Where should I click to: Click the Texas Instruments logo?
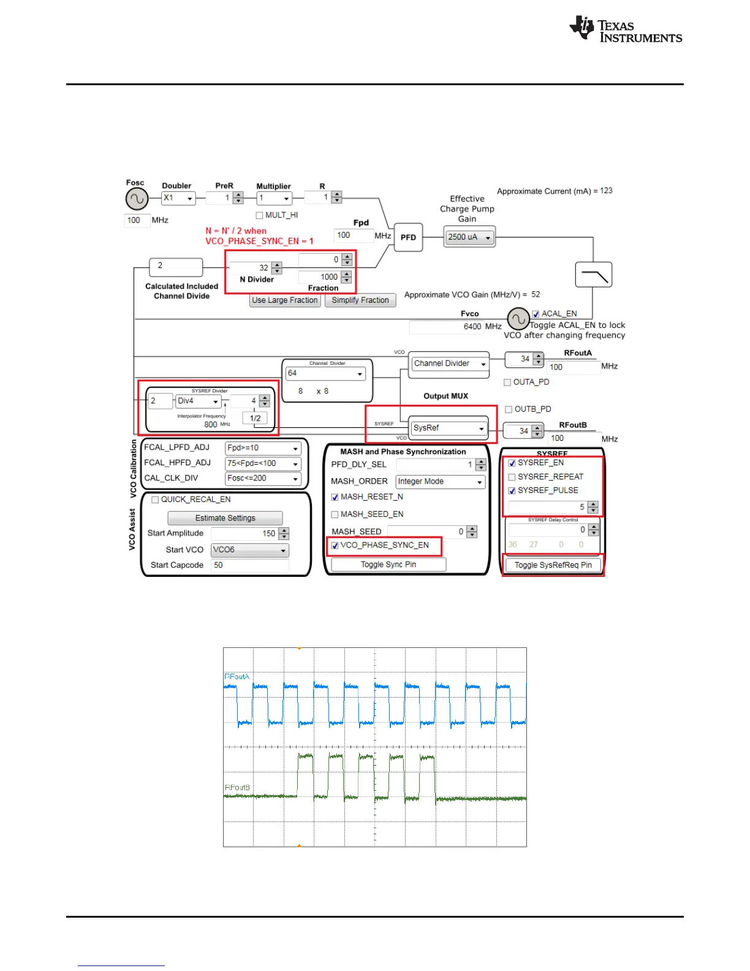[626, 30]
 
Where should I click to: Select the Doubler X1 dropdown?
[178, 199]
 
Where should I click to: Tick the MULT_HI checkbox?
[259, 215]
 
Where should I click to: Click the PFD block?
[408, 237]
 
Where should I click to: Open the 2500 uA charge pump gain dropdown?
[469, 237]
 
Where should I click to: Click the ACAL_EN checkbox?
[536, 314]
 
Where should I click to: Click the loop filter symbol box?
[593, 275]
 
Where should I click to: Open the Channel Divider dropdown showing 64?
[326, 373]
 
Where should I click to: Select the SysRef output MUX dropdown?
[449, 428]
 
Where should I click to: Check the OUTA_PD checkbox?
[507, 383]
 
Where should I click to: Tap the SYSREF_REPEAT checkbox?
[512, 477]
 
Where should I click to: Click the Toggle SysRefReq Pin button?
[553, 565]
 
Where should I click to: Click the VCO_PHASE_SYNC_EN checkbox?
[335, 546]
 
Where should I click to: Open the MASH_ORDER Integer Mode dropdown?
[440, 482]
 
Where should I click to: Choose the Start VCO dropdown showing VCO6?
[249, 550]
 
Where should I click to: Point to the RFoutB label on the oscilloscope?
[237, 788]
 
